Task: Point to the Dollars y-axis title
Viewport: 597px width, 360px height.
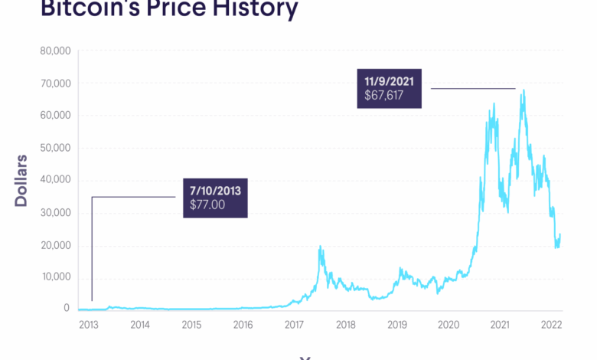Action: (21, 181)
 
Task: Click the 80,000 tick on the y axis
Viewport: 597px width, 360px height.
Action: (54, 51)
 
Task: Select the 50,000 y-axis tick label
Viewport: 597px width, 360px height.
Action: (54, 148)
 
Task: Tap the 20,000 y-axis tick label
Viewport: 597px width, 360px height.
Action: (54, 245)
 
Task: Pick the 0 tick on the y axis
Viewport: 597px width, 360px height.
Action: (67, 309)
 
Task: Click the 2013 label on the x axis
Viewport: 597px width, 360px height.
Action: (88, 325)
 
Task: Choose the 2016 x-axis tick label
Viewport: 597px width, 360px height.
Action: (243, 325)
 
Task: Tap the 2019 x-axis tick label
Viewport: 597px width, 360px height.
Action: (396, 325)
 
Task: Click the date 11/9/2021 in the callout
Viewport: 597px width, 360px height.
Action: (390, 81)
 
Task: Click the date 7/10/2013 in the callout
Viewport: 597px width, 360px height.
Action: (216, 189)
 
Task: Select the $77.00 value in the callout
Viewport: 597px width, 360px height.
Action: (208, 205)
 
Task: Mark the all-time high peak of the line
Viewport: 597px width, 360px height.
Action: (524, 90)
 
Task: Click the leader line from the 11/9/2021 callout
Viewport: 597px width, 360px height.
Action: (472, 89)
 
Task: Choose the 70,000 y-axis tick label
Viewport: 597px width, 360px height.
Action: (54, 83)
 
